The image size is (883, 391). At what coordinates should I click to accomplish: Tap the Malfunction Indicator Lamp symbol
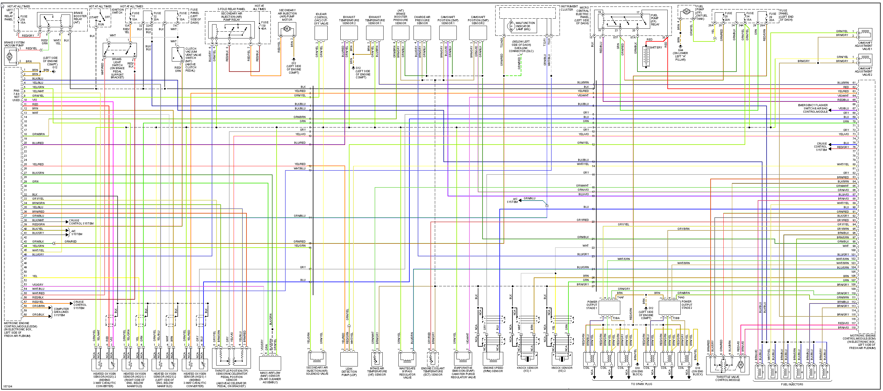(x=511, y=26)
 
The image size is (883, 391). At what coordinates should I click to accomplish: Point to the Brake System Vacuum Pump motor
(x=9, y=56)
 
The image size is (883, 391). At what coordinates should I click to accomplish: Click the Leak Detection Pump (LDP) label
(x=349, y=372)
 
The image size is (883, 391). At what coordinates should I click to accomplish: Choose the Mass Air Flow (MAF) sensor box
(x=270, y=363)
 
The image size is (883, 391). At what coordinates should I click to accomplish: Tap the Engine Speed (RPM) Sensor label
(x=493, y=369)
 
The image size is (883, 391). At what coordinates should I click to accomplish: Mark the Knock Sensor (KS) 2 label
(x=562, y=369)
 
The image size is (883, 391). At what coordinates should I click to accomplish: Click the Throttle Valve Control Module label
(x=728, y=378)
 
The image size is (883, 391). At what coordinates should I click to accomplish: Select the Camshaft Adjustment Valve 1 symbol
(x=865, y=35)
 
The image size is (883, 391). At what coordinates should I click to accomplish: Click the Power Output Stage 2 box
(x=669, y=307)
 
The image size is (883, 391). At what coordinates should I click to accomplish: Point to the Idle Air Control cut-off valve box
(x=321, y=33)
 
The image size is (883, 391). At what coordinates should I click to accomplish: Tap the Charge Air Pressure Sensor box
(x=422, y=33)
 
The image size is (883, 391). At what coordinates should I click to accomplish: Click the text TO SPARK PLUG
(x=641, y=384)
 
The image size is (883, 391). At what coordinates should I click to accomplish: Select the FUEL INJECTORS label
(x=792, y=384)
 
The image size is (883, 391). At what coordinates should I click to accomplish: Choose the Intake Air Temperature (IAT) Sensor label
(x=377, y=371)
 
